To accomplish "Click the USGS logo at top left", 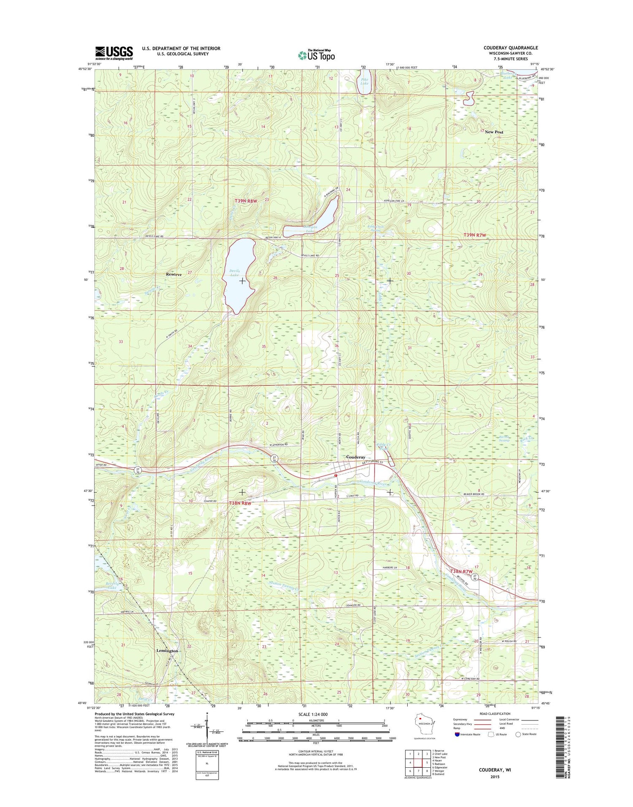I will click(x=114, y=53).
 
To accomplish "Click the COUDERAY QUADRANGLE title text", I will click(x=511, y=48).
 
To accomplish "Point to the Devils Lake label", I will click(x=234, y=273).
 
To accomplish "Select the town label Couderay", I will click(x=355, y=457).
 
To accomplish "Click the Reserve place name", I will click(x=174, y=274).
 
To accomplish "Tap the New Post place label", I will click(x=494, y=132).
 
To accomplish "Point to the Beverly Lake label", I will click(x=112, y=585).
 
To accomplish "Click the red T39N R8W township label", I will click(x=246, y=201).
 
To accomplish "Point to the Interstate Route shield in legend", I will click(x=457, y=734).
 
